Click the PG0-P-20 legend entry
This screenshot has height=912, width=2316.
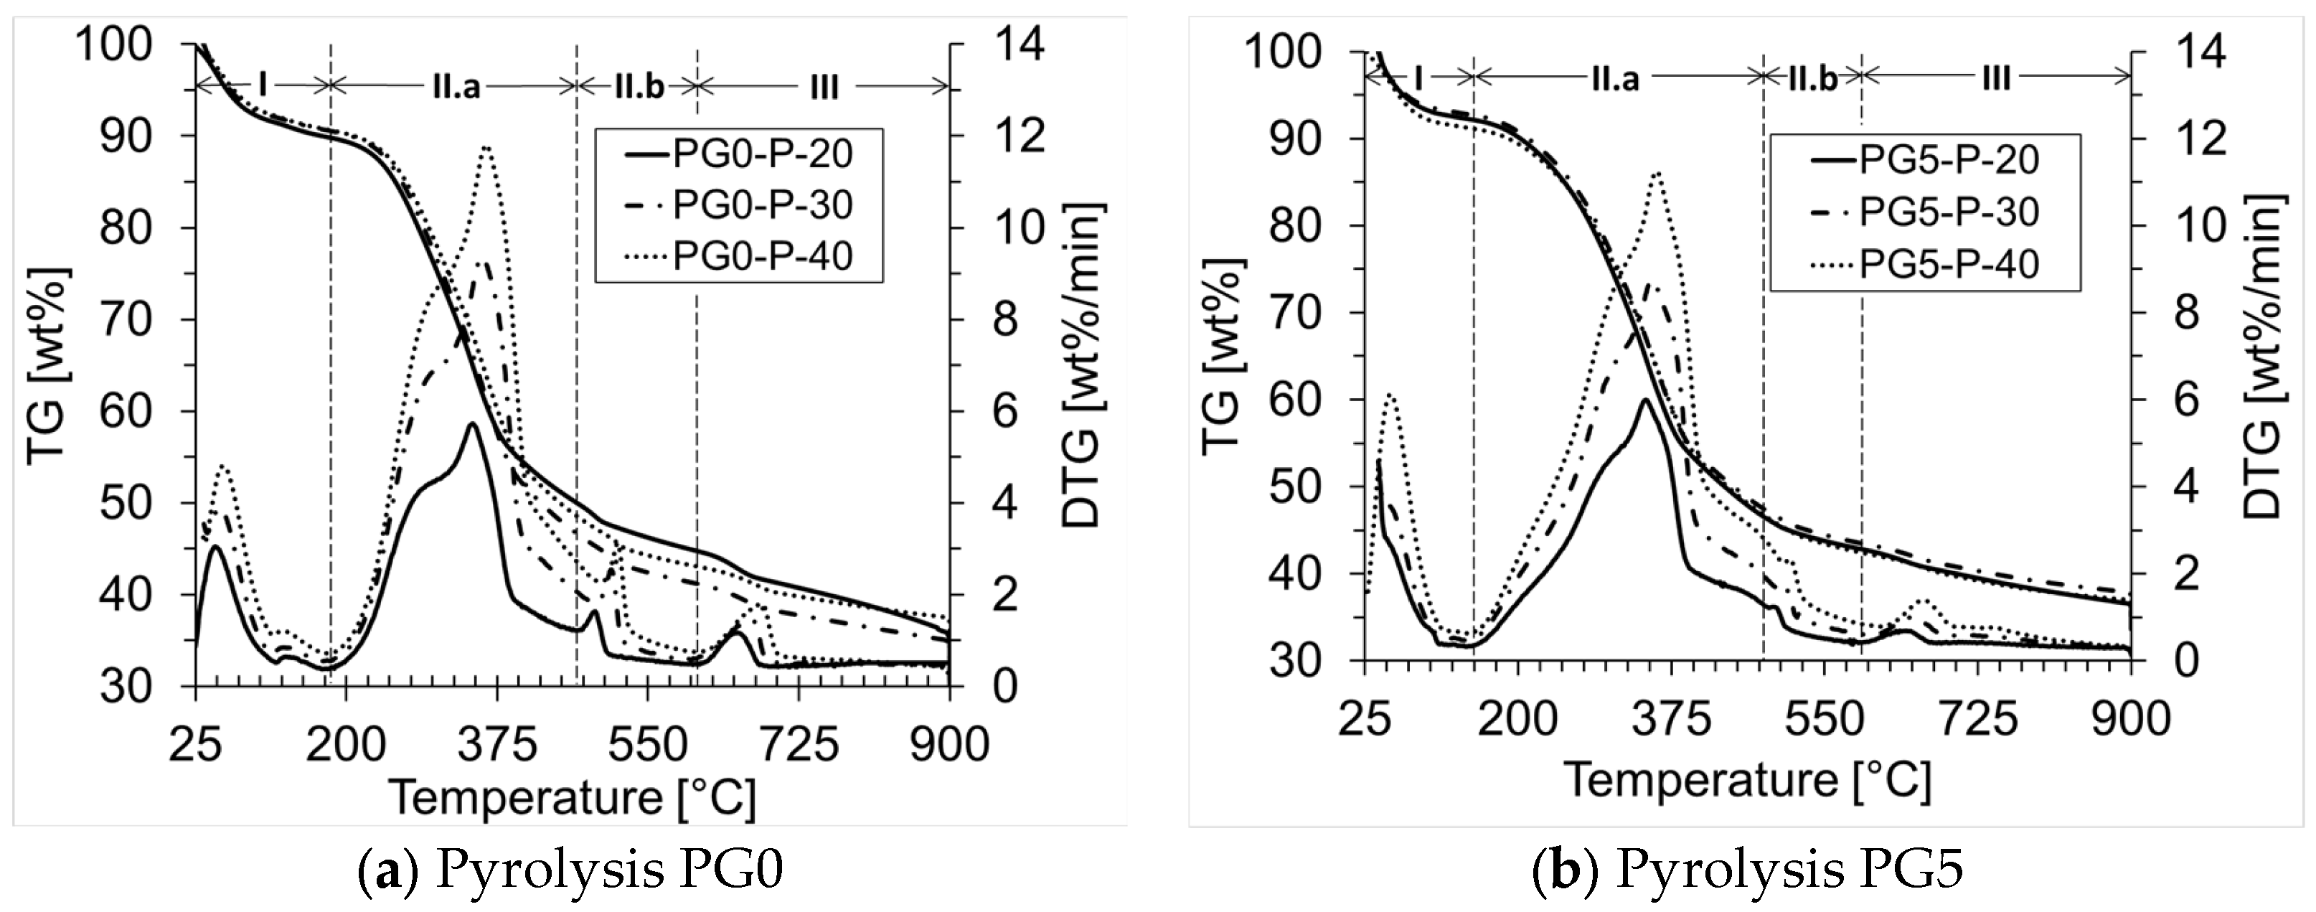[761, 155]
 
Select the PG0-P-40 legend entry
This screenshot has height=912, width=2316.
[761, 257]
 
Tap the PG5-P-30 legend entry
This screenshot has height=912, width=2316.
[1947, 212]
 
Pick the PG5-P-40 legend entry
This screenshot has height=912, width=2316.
[1947, 265]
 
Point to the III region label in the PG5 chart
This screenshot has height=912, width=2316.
[1995, 79]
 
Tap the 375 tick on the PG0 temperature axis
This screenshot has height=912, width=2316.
[497, 746]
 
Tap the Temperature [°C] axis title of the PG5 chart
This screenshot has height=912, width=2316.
[1748, 779]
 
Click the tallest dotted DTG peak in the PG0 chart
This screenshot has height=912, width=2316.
[486, 148]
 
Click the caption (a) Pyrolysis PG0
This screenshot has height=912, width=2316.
[570, 873]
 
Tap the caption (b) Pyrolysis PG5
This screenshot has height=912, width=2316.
[1747, 873]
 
